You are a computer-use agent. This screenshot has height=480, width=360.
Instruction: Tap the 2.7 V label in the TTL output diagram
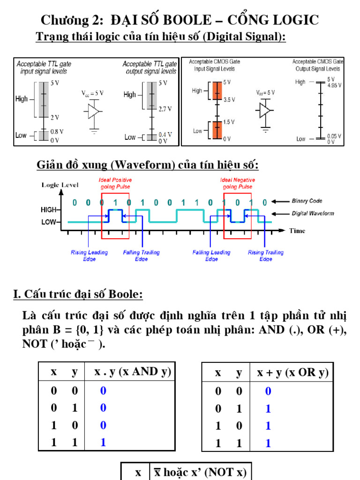coord(165,109)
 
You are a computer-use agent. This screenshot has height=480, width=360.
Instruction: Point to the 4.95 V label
coord(334,85)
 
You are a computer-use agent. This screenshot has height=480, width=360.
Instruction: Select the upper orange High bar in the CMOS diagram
coord(217,91)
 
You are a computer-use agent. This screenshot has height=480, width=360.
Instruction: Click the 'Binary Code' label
coord(307,201)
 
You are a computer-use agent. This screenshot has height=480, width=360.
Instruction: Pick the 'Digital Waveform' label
coord(313,213)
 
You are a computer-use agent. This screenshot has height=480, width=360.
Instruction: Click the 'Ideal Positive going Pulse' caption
coord(115,183)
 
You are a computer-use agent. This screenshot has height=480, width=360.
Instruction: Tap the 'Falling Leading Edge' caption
coord(211,255)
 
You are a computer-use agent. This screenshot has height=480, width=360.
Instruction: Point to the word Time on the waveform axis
coord(297,231)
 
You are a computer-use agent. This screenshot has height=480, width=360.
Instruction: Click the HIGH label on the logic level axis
coord(48,210)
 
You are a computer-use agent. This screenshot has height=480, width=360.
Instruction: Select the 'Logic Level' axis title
coord(60,185)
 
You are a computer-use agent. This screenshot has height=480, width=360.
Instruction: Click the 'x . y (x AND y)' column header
coord(133,372)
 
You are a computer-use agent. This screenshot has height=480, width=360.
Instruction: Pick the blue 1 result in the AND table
coord(103,442)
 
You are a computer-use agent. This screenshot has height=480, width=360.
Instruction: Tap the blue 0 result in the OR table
coord(268,391)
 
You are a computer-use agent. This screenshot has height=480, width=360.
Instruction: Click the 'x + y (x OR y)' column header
coord(293,373)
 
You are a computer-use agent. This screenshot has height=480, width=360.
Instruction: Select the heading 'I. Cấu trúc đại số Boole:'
coord(78,294)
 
